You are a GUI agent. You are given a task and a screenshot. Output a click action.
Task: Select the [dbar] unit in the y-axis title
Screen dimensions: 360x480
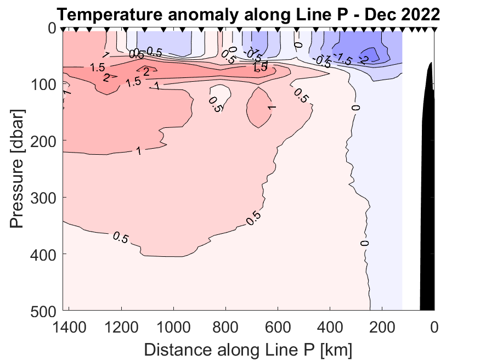[x=18, y=128]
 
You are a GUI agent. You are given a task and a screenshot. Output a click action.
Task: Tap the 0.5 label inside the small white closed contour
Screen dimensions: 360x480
[x=214, y=104]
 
